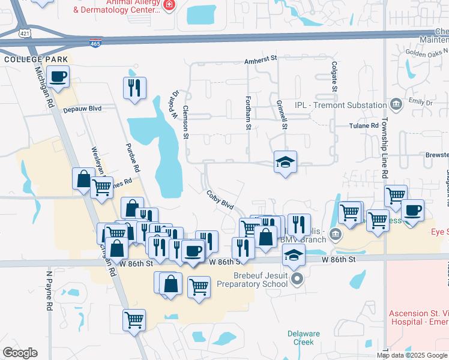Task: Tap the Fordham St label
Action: tap(247, 112)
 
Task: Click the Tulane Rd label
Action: tap(364, 126)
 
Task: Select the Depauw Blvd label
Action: tap(83, 109)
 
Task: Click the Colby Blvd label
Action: tap(220, 199)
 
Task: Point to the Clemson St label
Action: tap(186, 123)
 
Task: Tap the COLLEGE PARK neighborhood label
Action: tap(28, 59)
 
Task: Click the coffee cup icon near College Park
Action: tap(58, 77)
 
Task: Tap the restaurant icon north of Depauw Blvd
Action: tap(134, 88)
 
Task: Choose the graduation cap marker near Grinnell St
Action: tap(285, 161)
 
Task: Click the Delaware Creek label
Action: tap(300, 338)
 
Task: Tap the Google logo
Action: tap(20, 353)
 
